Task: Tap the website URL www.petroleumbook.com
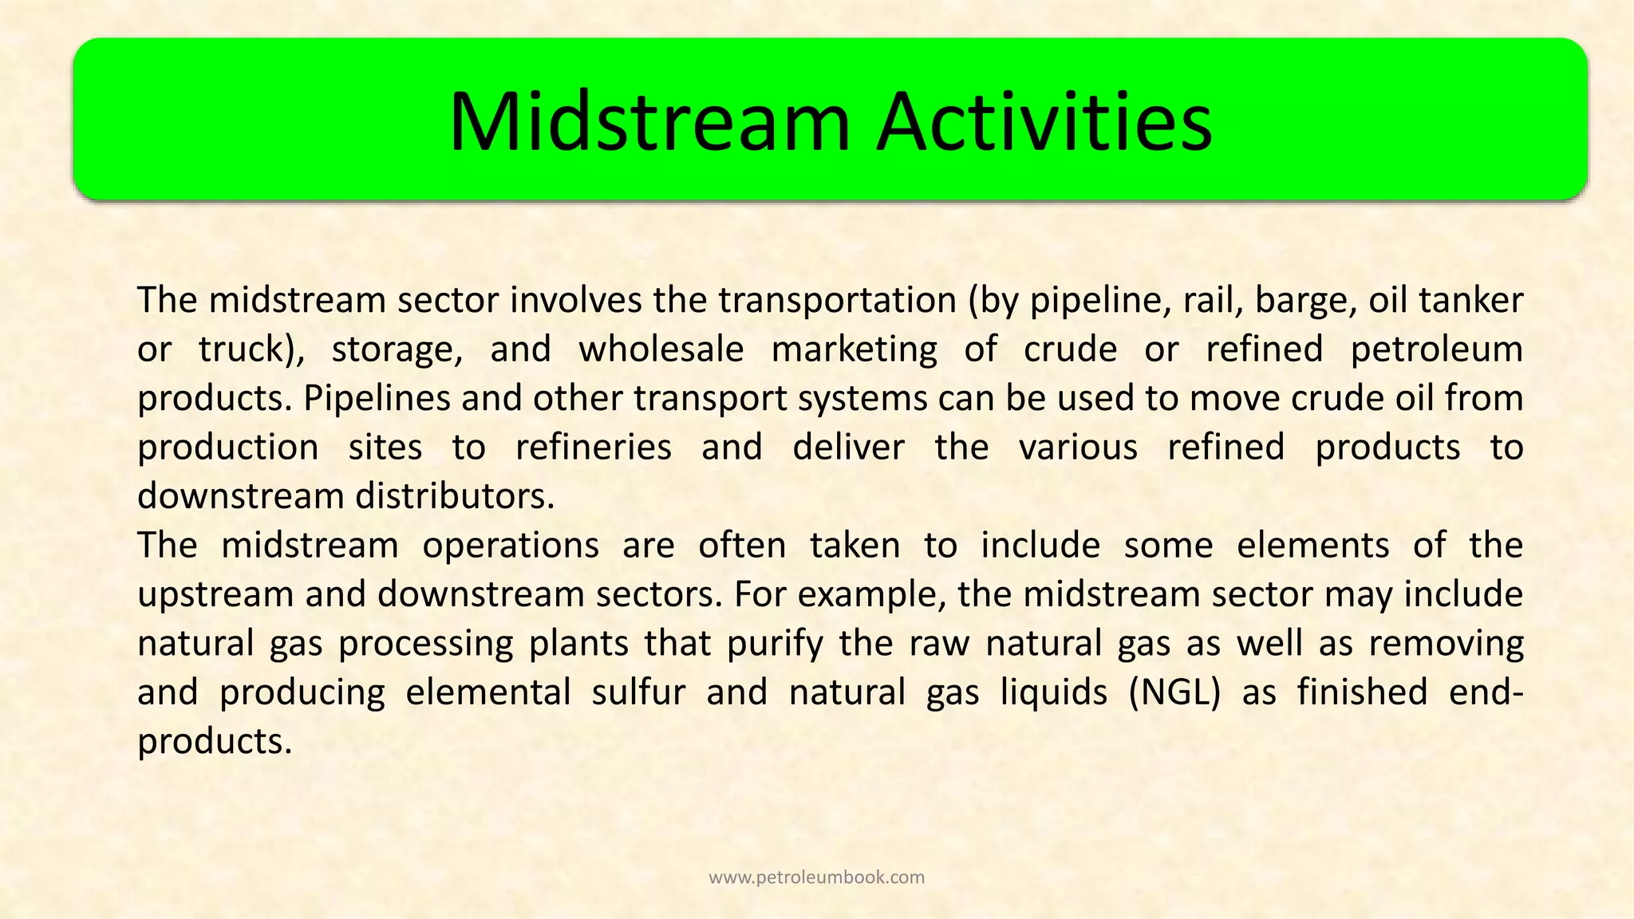click(x=816, y=878)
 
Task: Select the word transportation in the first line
click(x=837, y=301)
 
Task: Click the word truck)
click(x=251, y=350)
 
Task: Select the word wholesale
click(x=661, y=350)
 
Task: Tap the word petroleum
click(x=1437, y=350)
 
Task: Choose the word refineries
click(x=593, y=448)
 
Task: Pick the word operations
click(x=511, y=546)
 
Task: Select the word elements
click(x=1312, y=546)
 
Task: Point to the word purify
click(x=775, y=644)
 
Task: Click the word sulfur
click(x=638, y=692)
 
